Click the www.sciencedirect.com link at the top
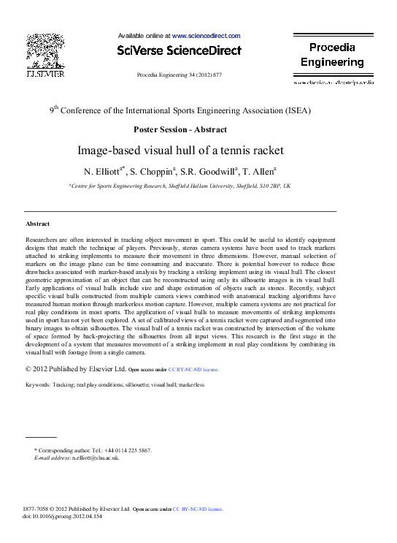[x=206, y=35]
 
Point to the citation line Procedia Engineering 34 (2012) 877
[x=179, y=75]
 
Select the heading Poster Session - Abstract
[x=180, y=129]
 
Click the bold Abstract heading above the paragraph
[x=37, y=224]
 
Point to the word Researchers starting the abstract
[x=43, y=240]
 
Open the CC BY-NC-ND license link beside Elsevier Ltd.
[x=193, y=370]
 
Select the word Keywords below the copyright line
[x=39, y=384]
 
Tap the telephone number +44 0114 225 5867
[x=126, y=450]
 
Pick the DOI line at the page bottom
[x=62, y=516]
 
